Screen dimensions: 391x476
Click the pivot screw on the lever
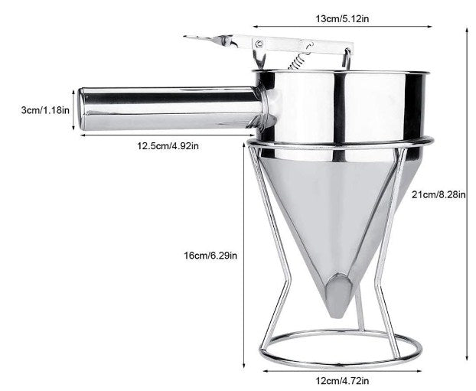click(261, 44)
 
